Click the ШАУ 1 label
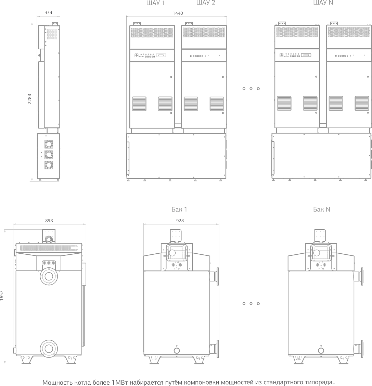pyautogui.click(x=155, y=3)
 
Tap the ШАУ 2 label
pyautogui.click(x=206, y=3)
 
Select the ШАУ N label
pyautogui.click(x=323, y=3)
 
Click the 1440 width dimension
pyautogui.click(x=178, y=13)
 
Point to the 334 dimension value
pyautogui.click(x=48, y=13)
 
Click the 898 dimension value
pyautogui.click(x=49, y=221)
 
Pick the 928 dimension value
pyautogui.click(x=180, y=221)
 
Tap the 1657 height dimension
pyautogui.click(x=2, y=295)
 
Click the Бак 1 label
pyautogui.click(x=179, y=209)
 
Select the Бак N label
pyautogui.click(x=322, y=209)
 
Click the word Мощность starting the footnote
pyautogui.click(x=56, y=382)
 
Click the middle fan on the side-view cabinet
pyautogui.click(x=49, y=154)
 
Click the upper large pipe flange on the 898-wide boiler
pyautogui.click(x=49, y=276)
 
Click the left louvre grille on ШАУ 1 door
pyautogui.click(x=139, y=104)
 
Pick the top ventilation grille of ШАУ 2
pyautogui.click(x=204, y=33)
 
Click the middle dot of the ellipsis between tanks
pyautogui.click(x=251, y=304)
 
